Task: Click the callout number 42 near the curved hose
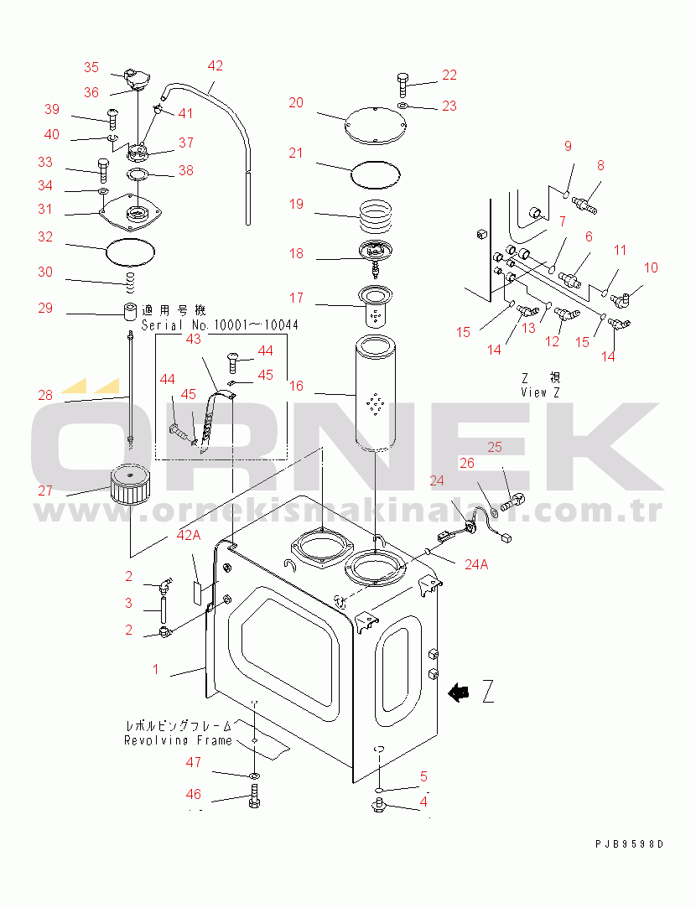[x=216, y=66]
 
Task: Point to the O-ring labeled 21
[x=374, y=176]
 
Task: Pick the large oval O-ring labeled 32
[x=132, y=250]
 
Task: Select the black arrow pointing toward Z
[x=458, y=692]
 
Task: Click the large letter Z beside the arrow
[x=489, y=692]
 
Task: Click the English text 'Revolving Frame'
[x=178, y=740]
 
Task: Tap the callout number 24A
[x=475, y=564]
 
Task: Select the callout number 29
[x=45, y=309]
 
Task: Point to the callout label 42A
[x=189, y=535]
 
